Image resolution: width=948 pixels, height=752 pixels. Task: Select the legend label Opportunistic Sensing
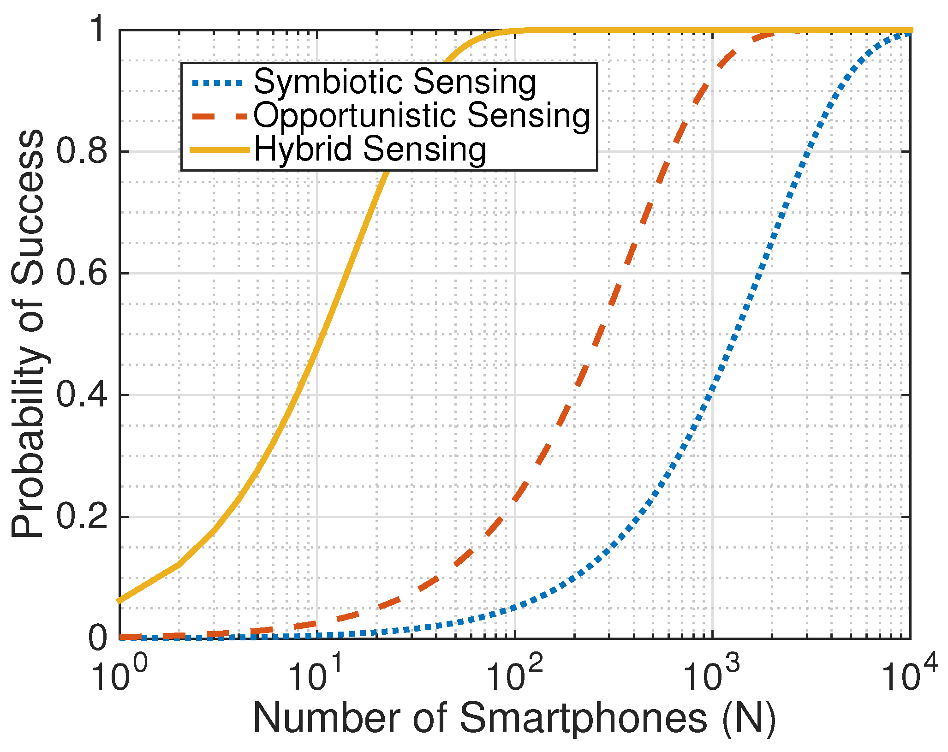tap(422, 116)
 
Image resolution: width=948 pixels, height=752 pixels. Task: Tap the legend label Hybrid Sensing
tap(370, 149)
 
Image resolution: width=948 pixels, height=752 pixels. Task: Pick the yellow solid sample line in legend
tap(220, 150)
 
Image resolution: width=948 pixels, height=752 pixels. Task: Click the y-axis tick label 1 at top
tap(99, 30)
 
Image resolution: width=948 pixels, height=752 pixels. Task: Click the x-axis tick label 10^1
tap(316, 673)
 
